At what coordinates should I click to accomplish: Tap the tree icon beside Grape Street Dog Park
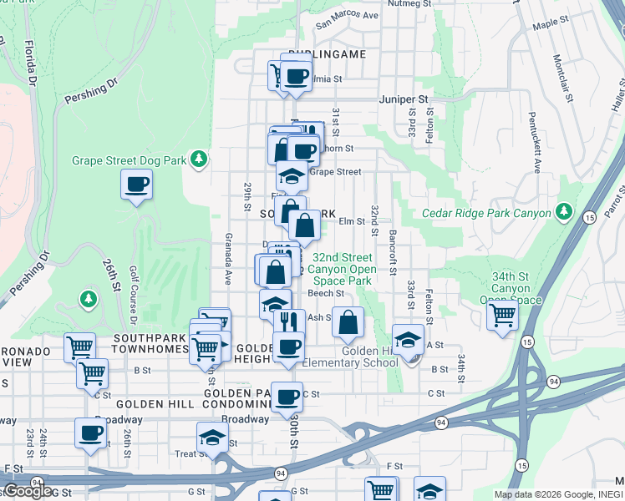click(198, 159)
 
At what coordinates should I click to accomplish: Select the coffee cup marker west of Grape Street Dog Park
click(136, 185)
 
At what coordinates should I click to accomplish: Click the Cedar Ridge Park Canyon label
click(487, 213)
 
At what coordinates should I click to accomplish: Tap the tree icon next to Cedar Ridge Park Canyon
click(564, 212)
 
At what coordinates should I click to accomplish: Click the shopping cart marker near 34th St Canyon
click(502, 316)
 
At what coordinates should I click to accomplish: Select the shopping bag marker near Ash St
click(348, 321)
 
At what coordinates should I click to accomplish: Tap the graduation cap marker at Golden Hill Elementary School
click(408, 341)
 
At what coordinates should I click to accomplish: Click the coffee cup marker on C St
click(287, 397)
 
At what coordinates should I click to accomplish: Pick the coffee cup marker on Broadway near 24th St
click(90, 433)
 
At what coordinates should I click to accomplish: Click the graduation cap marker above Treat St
click(212, 438)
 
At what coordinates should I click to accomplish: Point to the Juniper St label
click(404, 99)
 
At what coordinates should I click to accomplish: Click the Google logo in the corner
click(28, 490)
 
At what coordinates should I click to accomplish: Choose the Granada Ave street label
click(226, 260)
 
